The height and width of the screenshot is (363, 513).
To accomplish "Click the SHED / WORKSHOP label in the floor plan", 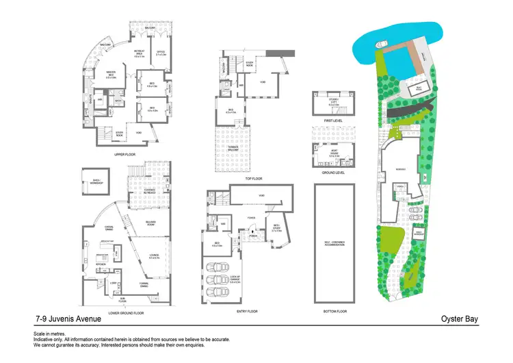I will click(x=92, y=181).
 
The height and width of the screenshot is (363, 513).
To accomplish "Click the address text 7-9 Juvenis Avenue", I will click(x=68, y=319).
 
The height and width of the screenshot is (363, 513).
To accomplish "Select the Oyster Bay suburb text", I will click(x=460, y=319).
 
